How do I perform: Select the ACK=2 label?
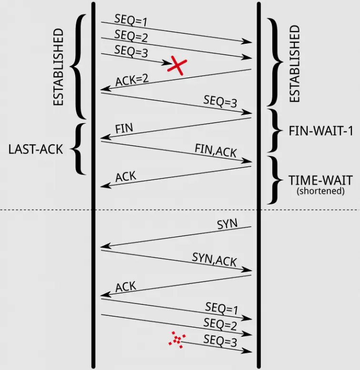click(132, 79)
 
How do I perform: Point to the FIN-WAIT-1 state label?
click(320, 131)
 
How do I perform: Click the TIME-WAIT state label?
click(320, 181)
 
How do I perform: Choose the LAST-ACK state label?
click(36, 149)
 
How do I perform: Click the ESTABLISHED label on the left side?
click(58, 67)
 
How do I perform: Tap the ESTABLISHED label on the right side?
click(295, 64)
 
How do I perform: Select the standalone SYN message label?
click(227, 224)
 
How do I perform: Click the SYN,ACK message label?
click(214, 260)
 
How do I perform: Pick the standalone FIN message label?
click(124, 128)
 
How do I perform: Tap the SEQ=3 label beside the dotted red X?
click(220, 340)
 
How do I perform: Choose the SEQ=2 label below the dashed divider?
click(220, 324)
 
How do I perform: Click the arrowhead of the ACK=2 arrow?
click(104, 89)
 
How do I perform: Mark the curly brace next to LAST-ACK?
click(79, 149)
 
